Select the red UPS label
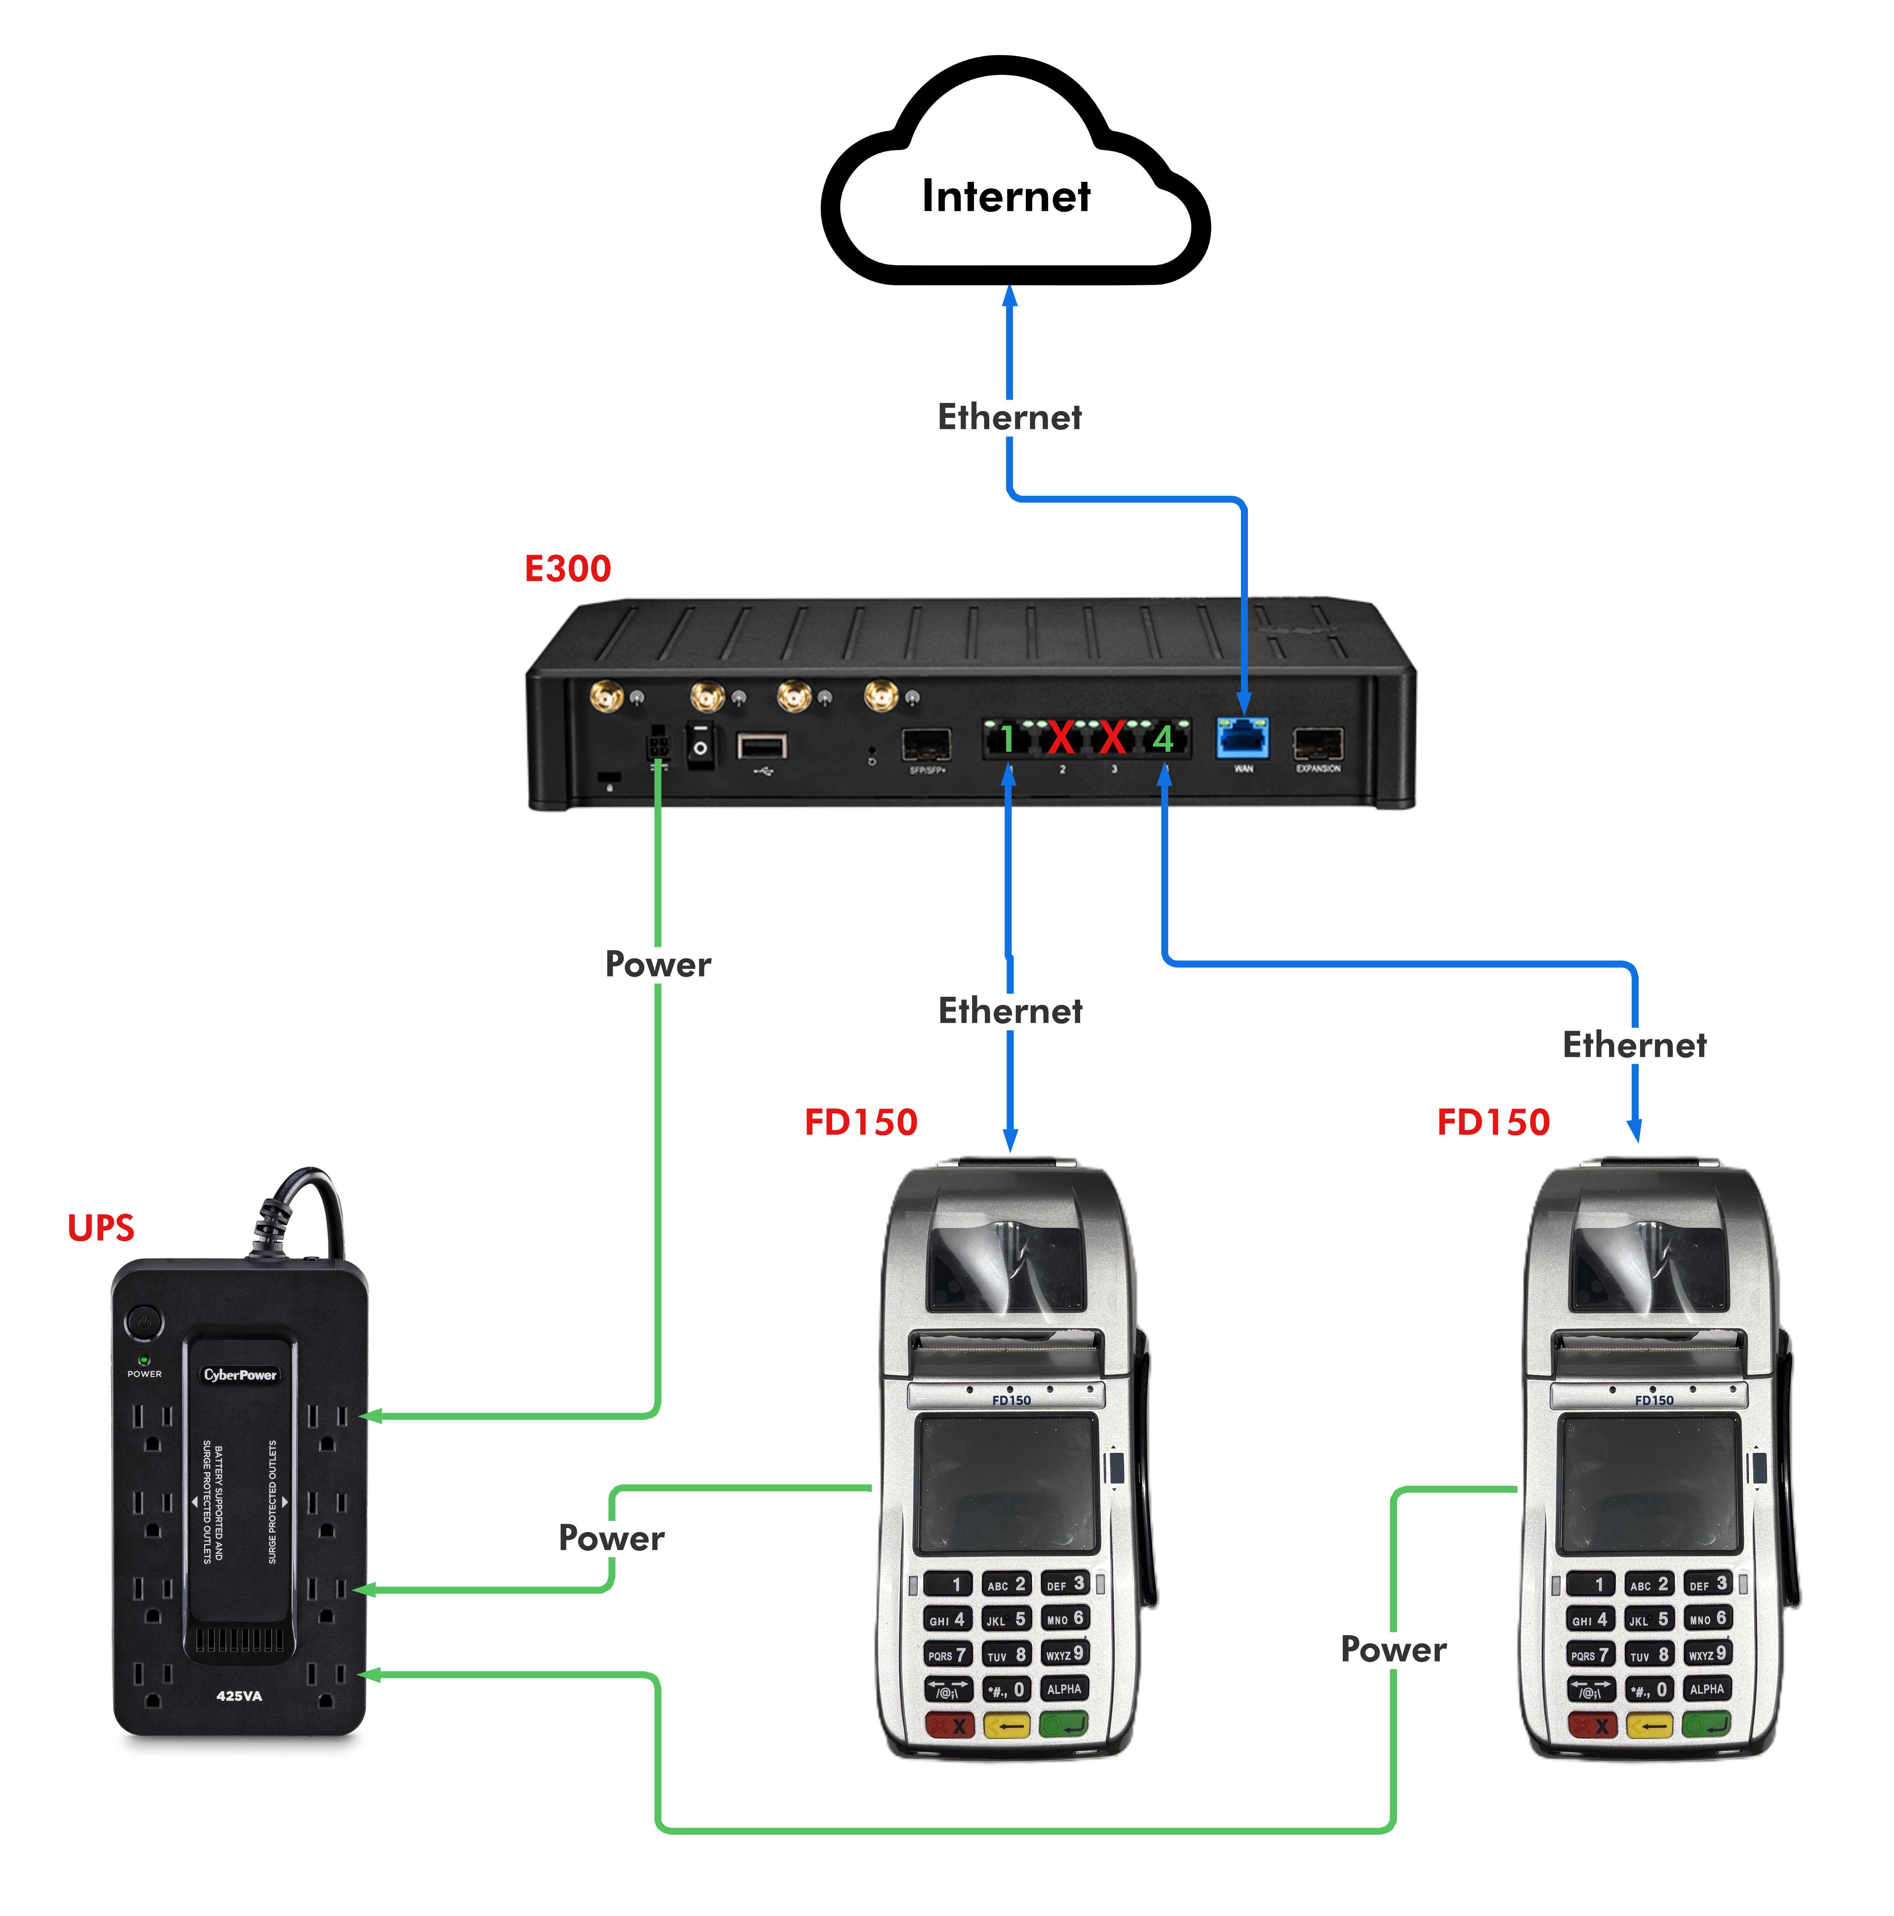[x=100, y=1228]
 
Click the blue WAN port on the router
[x=1242, y=739]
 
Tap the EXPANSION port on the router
[x=1318, y=744]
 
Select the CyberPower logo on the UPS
[x=240, y=1375]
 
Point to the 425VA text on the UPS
[x=239, y=1696]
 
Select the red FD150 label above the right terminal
[x=1493, y=1122]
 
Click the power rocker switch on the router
[x=700, y=746]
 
